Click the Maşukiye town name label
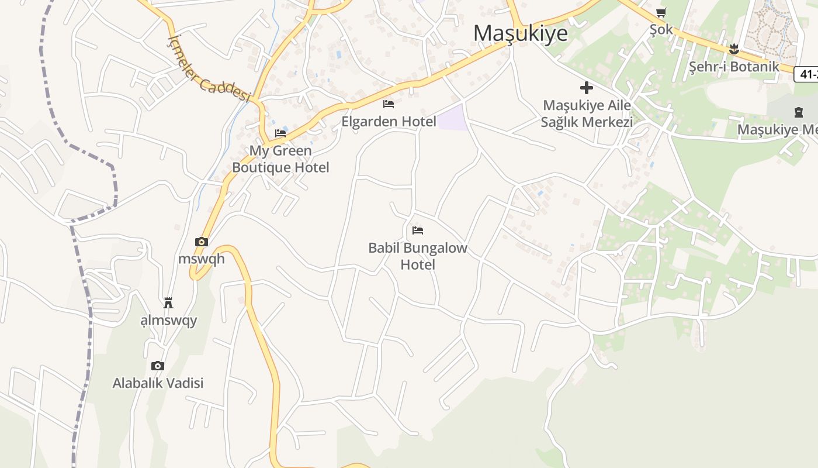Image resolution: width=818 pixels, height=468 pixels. (520, 33)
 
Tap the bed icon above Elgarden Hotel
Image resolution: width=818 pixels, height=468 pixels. (389, 104)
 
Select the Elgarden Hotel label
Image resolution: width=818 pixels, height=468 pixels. (389, 122)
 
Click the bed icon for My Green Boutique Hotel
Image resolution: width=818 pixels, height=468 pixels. (280, 133)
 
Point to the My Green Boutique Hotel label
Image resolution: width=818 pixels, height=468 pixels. (280, 159)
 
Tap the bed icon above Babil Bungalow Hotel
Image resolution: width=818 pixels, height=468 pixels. (418, 230)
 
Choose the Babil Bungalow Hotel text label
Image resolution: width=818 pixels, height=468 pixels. (418, 256)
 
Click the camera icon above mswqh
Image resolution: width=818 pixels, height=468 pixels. (201, 242)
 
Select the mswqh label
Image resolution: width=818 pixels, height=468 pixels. (201, 259)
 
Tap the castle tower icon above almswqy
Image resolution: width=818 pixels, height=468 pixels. (168, 302)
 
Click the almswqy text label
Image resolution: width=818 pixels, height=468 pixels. (169, 320)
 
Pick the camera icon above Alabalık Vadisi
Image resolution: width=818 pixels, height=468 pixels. (158, 366)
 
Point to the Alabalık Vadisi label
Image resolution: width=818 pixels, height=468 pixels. (158, 383)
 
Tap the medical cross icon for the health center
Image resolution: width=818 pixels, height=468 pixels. (587, 88)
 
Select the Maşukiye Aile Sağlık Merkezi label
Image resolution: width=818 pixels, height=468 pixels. (587, 113)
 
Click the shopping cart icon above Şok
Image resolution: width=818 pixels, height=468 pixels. (661, 12)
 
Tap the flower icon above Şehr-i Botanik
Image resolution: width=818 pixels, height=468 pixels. (734, 49)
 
